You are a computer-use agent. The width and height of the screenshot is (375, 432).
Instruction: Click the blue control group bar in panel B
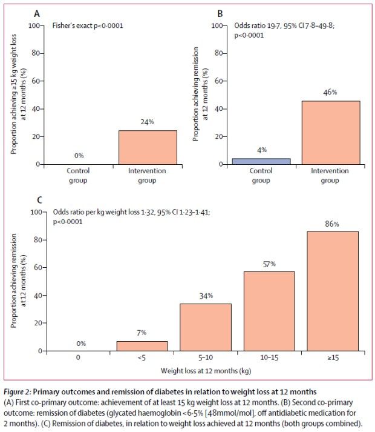pos(261,161)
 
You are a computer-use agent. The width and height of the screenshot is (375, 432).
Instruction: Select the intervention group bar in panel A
pos(148,147)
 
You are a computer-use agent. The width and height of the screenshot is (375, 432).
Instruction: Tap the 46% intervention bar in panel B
pos(331,133)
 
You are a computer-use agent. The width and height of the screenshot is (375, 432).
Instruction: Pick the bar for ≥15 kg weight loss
pos(333,291)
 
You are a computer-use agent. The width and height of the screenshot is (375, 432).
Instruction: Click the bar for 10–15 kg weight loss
pos(269,311)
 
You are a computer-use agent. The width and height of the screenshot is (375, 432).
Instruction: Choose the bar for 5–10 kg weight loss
pos(206,327)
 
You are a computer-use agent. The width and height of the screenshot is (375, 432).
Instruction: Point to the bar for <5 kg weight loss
pos(142,346)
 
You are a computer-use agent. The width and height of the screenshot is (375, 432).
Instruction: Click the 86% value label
pos(332,224)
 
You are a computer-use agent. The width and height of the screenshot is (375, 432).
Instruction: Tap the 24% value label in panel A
pos(147,122)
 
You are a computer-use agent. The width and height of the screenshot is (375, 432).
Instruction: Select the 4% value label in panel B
pos(262,150)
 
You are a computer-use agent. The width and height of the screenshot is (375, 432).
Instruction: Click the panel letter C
pos(40,200)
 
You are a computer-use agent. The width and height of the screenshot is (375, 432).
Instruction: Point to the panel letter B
pos(220,13)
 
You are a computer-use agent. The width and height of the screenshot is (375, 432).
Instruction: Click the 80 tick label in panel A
pos(36,53)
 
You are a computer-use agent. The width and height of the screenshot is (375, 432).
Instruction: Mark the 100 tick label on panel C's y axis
pos(36,212)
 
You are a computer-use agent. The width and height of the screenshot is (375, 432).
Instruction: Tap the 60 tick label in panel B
pos(219,81)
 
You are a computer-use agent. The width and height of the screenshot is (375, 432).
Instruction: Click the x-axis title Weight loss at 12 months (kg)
pos(206,371)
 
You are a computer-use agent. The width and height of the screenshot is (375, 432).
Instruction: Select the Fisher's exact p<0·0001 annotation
pos(88,25)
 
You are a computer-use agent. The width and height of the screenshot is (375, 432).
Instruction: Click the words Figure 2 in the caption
pos(17,392)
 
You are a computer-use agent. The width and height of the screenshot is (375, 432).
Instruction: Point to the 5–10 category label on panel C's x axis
pos(206,357)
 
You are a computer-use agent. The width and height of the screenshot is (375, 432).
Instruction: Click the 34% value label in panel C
pos(206,296)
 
